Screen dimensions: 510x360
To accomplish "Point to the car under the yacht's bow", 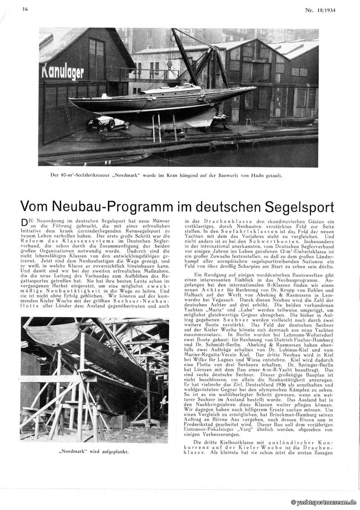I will coord(103,123).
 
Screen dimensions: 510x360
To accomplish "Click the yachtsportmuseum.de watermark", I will coord(323,502).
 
